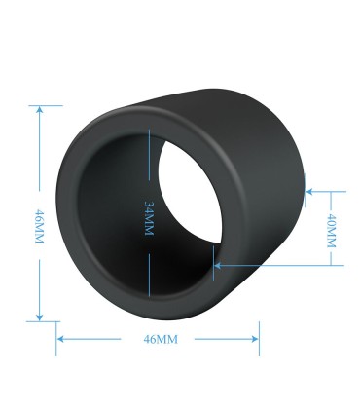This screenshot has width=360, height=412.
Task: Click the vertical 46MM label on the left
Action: (x=39, y=227)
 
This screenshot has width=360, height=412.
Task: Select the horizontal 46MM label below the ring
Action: (x=161, y=339)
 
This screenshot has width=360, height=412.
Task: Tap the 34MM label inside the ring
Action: (x=149, y=218)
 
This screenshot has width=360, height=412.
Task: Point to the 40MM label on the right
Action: (x=331, y=231)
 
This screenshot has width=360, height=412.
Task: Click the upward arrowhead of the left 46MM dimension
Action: (x=40, y=109)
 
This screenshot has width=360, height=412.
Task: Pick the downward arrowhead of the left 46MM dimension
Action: (x=40, y=318)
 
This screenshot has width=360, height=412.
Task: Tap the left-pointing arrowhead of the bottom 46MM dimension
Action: (x=60, y=339)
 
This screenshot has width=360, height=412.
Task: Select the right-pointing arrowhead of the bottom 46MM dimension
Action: (x=255, y=339)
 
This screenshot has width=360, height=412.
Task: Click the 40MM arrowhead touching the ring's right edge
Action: (x=309, y=192)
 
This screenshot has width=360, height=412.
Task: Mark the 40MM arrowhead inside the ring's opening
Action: (x=218, y=266)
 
